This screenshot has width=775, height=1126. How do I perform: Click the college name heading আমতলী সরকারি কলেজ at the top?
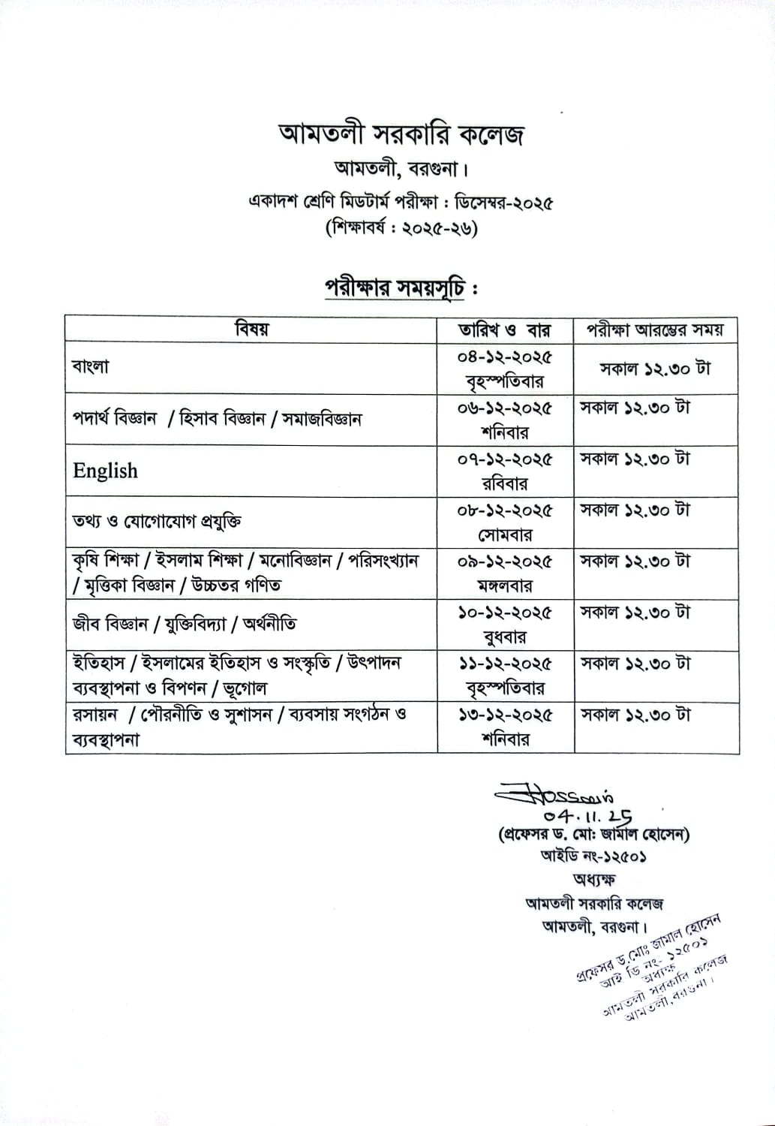point(401,135)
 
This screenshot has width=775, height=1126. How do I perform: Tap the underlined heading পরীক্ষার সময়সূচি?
point(395,288)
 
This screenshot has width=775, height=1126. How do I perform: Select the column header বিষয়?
point(251,329)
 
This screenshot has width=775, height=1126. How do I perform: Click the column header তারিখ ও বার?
point(505,330)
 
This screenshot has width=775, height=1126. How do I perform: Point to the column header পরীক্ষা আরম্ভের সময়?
point(656,330)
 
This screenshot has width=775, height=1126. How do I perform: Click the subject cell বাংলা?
point(91,367)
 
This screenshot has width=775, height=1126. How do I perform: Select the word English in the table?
point(106,471)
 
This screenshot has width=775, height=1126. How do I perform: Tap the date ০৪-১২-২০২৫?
point(505,357)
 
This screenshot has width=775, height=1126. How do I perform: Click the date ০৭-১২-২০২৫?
point(505,459)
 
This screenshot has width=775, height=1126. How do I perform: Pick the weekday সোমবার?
point(505,535)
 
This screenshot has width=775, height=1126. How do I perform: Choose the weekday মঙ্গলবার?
point(505,586)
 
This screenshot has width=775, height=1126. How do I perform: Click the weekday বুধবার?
point(505,637)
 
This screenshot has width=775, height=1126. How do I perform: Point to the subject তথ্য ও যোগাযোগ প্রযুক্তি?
point(157,521)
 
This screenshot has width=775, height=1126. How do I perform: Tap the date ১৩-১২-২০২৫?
point(505,715)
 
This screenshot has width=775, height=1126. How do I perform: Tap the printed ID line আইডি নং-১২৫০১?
point(593,856)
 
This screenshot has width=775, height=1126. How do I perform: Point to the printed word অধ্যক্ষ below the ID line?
point(593,880)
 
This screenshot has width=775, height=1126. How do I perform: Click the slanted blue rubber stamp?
point(653,965)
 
